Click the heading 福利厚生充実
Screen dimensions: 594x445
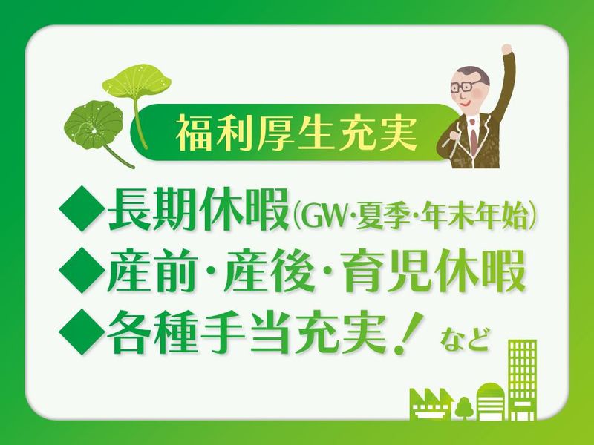(296, 133)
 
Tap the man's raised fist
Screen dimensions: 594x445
(506, 50)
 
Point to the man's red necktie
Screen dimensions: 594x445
(474, 137)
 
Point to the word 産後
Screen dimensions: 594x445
(268, 271)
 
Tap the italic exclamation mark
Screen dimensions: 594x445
(408, 334)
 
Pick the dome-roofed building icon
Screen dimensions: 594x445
(491, 401)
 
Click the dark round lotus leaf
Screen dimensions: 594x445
(94, 124)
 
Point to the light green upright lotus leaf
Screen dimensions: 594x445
(137, 81)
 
